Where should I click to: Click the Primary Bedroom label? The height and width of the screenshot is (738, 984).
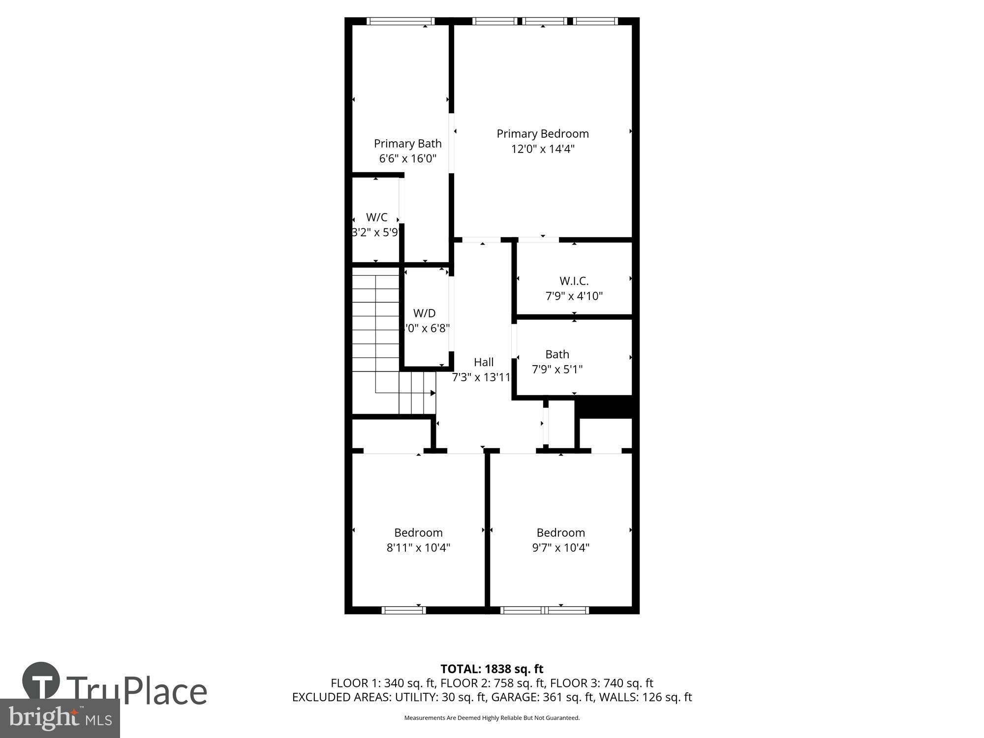point(542,134)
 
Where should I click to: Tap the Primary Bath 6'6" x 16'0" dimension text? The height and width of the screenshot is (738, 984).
point(407,158)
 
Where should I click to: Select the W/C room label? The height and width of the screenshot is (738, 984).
point(376,217)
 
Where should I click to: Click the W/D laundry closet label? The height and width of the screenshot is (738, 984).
point(424,313)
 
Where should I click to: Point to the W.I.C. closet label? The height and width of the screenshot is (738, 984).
point(574,281)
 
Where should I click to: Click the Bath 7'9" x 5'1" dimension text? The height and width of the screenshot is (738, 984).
point(557,369)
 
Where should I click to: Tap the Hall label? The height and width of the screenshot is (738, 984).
point(483,363)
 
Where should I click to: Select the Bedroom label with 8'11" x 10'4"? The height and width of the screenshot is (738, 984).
point(418,532)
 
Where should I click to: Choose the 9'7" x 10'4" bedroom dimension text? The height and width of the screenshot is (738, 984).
point(560,548)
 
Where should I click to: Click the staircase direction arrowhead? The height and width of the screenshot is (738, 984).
point(433,393)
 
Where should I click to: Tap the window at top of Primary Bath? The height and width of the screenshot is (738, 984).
point(400,21)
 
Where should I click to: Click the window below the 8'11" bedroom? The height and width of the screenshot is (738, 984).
point(403,611)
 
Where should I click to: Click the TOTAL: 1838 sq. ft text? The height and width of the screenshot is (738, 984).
point(492,669)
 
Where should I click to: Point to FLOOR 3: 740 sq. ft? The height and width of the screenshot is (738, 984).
point(601,683)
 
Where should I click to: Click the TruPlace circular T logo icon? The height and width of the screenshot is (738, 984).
point(41,681)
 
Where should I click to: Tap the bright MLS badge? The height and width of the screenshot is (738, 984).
point(60,719)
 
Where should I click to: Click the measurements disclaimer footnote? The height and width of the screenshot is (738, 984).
point(492,718)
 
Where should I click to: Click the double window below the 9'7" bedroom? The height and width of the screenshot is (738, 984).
point(544,611)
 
